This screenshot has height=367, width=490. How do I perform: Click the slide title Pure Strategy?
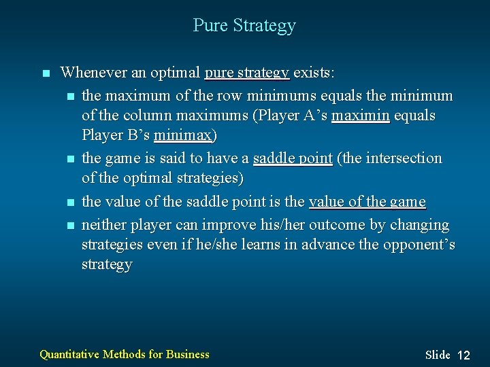tap(244, 26)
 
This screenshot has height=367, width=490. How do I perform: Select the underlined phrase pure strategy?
tap(247, 72)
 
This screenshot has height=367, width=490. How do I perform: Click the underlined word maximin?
tap(360, 116)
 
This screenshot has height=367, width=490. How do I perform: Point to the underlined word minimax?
tap(182, 135)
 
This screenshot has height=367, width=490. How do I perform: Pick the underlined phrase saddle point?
tap(293, 158)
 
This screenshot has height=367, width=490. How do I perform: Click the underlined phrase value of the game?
tap(367, 202)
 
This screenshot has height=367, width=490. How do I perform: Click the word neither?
tap(103, 224)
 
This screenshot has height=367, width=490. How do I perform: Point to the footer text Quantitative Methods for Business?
tap(125, 353)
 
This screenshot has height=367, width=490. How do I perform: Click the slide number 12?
tap(463, 355)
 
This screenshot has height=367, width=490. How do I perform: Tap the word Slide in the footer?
tap(438, 355)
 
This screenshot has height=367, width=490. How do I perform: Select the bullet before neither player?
tap(71, 225)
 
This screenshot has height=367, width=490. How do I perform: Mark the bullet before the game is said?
tap(71, 159)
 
